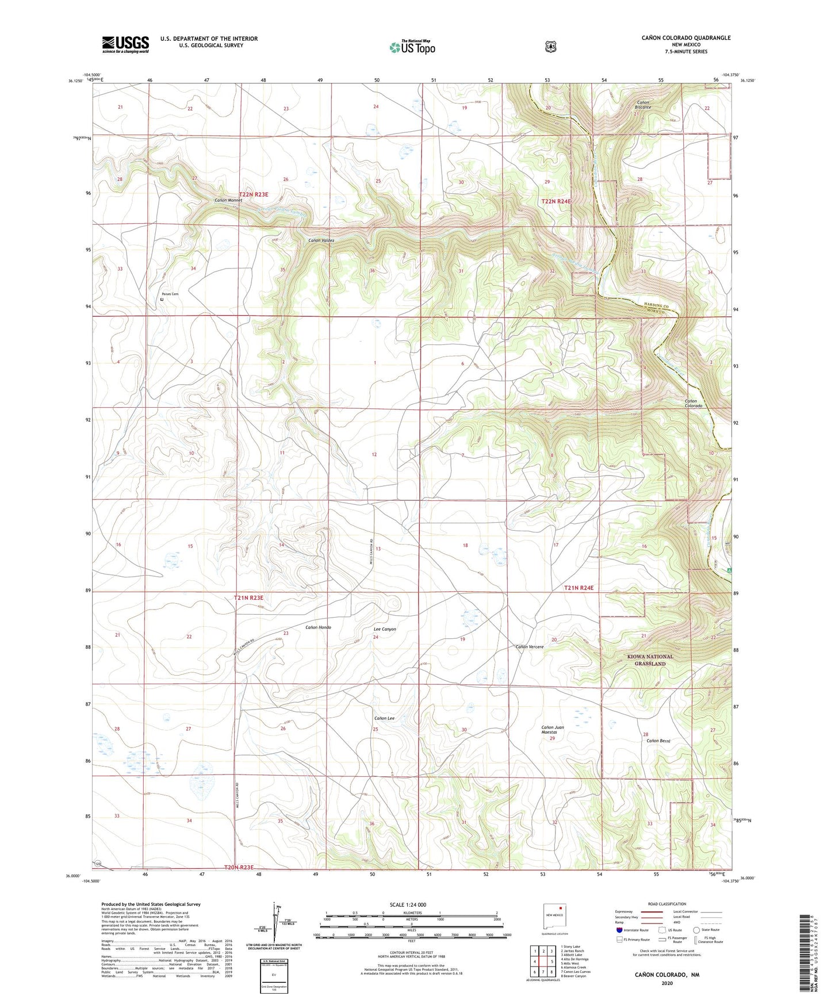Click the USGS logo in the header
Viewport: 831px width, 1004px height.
[125, 44]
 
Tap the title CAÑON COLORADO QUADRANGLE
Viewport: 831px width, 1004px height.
[686, 38]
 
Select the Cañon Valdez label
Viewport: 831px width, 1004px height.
[321, 240]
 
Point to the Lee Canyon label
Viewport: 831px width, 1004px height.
[385, 629]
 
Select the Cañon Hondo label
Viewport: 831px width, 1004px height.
[317, 627]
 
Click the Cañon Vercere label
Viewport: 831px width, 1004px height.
[529, 646]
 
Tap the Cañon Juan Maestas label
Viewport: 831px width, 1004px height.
[553, 730]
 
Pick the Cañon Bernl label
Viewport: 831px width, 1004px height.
[658, 741]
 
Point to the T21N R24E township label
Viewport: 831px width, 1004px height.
[578, 588]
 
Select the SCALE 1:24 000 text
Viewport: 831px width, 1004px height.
[408, 905]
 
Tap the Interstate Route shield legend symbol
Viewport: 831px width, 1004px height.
[619, 930]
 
